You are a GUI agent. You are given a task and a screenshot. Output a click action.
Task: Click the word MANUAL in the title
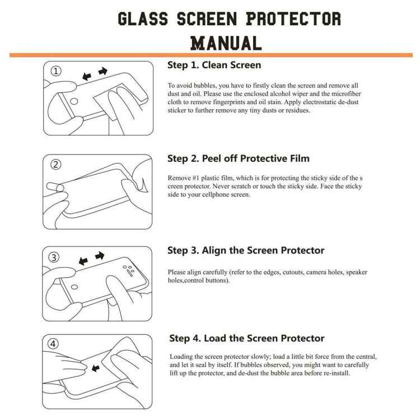click(226, 43)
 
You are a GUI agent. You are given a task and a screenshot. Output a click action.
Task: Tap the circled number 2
click(55, 165)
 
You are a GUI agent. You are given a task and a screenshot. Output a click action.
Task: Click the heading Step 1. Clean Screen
click(214, 65)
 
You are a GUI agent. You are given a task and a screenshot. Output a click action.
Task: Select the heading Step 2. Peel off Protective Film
click(239, 158)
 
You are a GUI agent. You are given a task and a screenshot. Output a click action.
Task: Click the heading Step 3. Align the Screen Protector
click(246, 250)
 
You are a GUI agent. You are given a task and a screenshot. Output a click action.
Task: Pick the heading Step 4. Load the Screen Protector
click(247, 338)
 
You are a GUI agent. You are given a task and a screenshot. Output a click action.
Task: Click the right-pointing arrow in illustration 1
click(102, 71)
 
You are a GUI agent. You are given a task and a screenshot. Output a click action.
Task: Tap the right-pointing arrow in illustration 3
click(100, 255)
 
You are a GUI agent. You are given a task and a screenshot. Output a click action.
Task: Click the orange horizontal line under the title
click(210, 55)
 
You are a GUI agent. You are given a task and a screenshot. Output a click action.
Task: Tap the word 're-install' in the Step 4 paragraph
click(335, 373)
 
